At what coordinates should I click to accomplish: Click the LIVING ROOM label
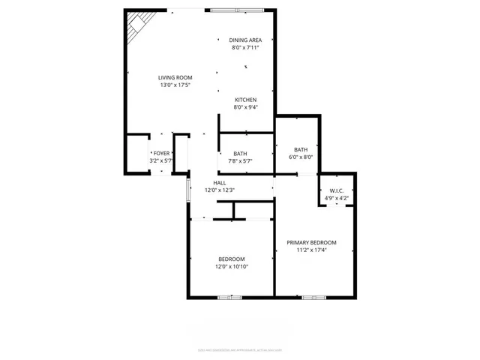point(175,77)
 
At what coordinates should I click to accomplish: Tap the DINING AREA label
point(245,40)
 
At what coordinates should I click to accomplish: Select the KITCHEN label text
point(246,100)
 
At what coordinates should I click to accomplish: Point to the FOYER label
point(161,153)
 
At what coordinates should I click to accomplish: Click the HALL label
point(220,182)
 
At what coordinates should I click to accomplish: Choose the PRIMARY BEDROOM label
point(312,242)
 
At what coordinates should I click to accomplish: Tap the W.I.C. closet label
point(336,190)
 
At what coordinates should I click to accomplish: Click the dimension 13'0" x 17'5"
point(175,85)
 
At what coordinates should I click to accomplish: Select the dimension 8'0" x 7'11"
point(245,47)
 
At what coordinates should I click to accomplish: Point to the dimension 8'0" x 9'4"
point(246,107)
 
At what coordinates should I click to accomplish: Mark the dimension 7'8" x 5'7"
point(240,160)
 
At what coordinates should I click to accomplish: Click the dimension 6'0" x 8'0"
point(300,157)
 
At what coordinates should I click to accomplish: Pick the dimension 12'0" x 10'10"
point(232,266)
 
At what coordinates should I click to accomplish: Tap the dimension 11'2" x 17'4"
point(312,250)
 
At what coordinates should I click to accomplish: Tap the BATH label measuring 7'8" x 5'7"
point(240,153)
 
